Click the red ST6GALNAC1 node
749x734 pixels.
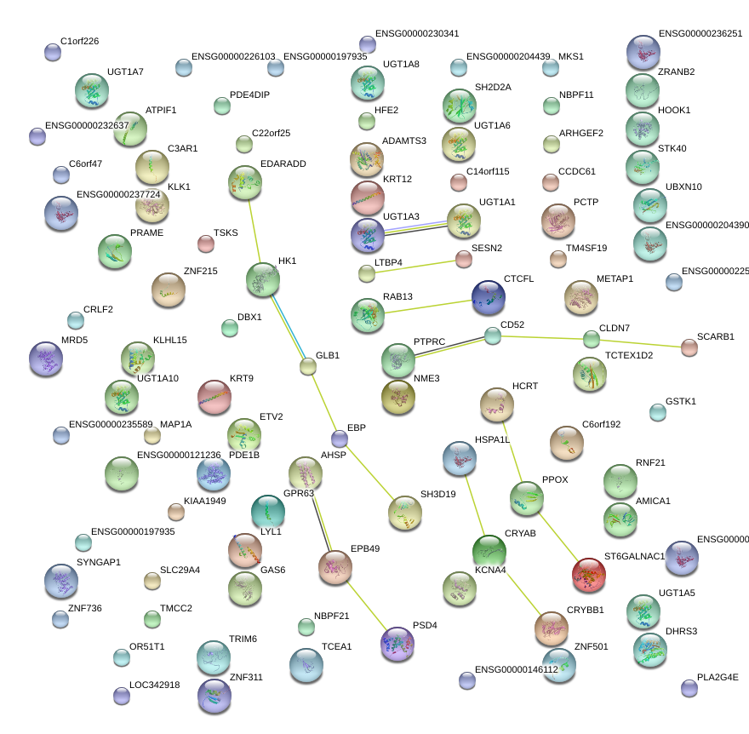click(x=588, y=574)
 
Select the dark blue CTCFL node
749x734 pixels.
click(x=488, y=297)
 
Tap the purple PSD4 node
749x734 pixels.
click(x=397, y=643)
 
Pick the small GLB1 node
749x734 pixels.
click(x=308, y=367)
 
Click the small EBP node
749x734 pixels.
click(x=340, y=439)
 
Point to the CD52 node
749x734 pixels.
click(x=493, y=336)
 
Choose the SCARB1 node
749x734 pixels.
click(x=689, y=347)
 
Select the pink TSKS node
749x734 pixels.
click(x=206, y=244)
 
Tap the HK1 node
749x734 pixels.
click(x=262, y=278)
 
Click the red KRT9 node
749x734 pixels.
click(x=214, y=396)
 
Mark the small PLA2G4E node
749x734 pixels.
click(x=689, y=688)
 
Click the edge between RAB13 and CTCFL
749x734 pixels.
click(x=428, y=307)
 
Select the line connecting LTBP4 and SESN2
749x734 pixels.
click(x=415, y=267)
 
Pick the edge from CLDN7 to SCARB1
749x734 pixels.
click(x=640, y=343)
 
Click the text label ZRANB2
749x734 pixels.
click(x=677, y=72)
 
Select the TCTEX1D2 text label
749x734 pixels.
click(x=629, y=355)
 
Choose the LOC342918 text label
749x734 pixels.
click(x=154, y=685)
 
